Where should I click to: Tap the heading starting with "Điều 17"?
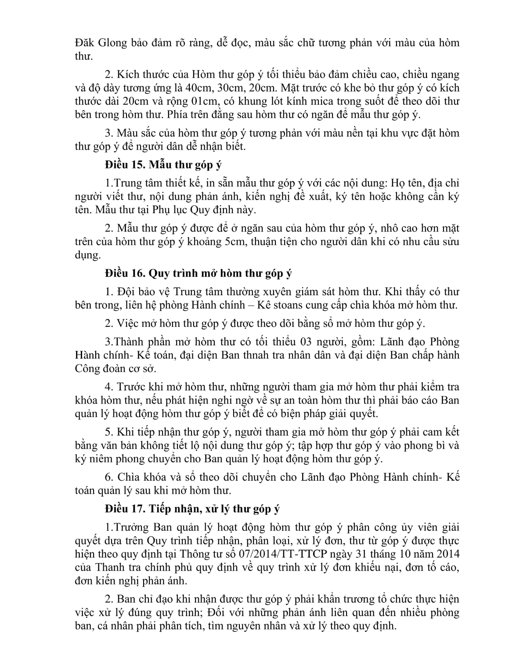(192, 509)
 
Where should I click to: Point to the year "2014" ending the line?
(447, 554)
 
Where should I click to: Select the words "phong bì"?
(420, 445)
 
